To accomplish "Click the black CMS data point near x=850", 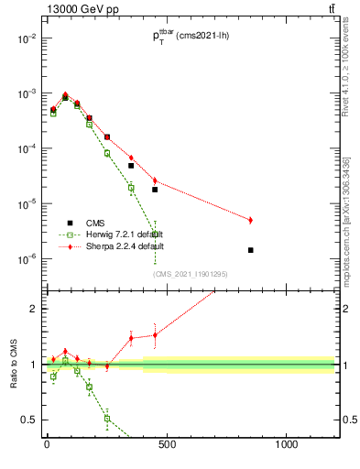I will (250, 250).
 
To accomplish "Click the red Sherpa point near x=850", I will (250, 220).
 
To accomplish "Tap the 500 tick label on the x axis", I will (167, 446).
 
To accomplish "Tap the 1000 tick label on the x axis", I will (286, 446).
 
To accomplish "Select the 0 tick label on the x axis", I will (47, 446).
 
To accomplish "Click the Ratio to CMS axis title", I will (13, 365).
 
